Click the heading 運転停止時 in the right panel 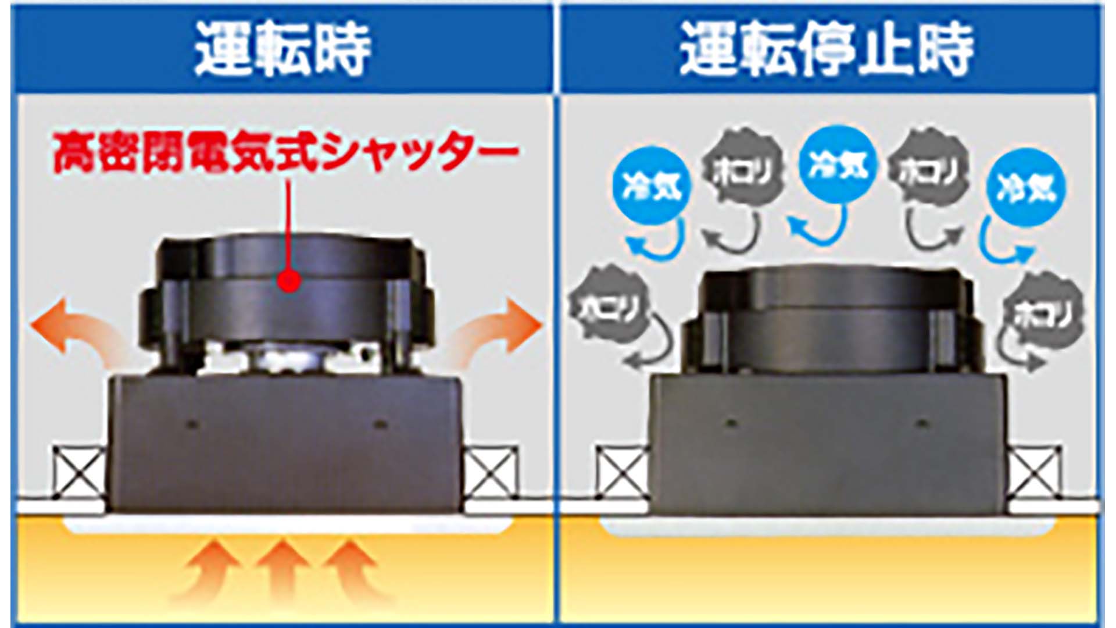point(827,49)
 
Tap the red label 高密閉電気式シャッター point(285,152)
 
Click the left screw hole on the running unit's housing point(192,425)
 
